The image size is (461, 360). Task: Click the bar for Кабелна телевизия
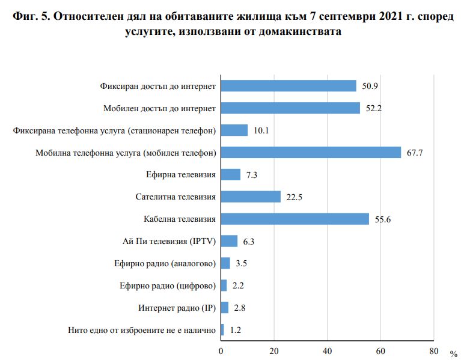[295, 219]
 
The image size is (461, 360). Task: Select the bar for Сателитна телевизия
[251, 197]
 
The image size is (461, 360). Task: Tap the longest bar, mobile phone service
[311, 152]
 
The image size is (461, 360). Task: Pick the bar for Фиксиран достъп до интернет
[289, 86]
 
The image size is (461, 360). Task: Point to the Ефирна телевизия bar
[231, 174]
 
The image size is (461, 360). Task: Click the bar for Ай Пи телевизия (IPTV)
[230, 241]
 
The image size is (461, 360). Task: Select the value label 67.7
[415, 153]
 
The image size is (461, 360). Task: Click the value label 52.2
[374, 108]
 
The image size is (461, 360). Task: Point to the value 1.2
[236, 330]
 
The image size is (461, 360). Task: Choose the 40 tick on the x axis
[328, 350]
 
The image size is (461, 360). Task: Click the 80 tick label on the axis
[434, 350]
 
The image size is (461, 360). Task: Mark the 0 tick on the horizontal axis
[221, 350]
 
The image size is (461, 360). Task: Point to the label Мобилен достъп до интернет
[158, 108]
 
